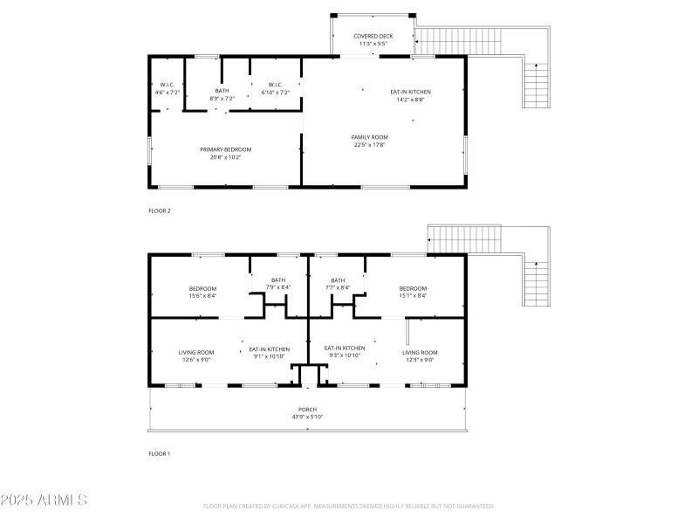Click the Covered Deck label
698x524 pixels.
[373, 39]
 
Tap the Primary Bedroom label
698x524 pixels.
[224, 153]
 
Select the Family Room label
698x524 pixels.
[370, 141]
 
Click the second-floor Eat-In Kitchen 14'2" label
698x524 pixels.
[410, 95]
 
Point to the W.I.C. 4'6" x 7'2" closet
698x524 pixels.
[167, 88]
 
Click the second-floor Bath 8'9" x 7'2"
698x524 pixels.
[222, 94]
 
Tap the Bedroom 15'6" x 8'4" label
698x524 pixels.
[202, 292]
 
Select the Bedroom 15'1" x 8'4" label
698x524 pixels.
[413, 292]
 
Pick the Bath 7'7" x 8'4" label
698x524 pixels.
[338, 283]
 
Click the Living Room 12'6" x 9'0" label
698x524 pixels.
[196, 355]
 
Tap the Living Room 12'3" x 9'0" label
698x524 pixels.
[420, 355]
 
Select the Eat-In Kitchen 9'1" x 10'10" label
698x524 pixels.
[269, 352]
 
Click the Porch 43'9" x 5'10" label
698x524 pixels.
[307, 412]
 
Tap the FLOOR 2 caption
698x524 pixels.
[159, 210]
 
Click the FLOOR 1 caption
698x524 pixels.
[159, 453]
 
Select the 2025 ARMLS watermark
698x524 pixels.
[44, 500]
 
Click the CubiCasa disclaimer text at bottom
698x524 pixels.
[349, 506]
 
